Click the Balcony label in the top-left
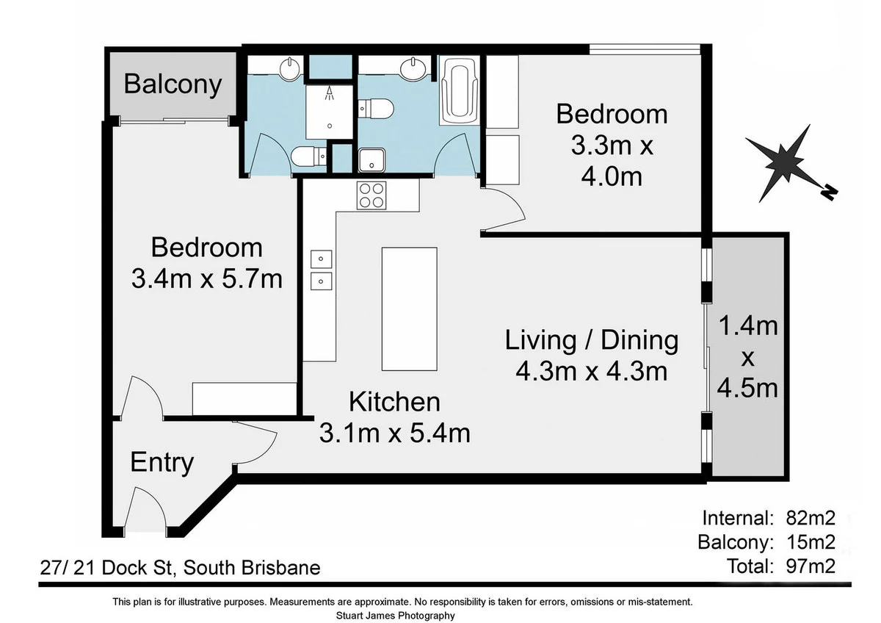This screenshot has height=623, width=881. pyautogui.click(x=173, y=84)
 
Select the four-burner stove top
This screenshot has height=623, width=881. pyautogui.click(x=371, y=195)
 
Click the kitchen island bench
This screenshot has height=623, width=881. pyautogui.click(x=409, y=309)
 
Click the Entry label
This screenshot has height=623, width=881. pyautogui.click(x=162, y=463)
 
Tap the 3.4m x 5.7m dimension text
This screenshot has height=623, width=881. pyautogui.click(x=206, y=279)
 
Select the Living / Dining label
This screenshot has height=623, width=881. pyautogui.click(x=592, y=340)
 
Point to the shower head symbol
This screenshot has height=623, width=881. pyautogui.click(x=330, y=93)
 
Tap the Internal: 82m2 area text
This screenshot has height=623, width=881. pyautogui.click(x=769, y=517)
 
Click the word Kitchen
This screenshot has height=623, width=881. pyautogui.click(x=394, y=402)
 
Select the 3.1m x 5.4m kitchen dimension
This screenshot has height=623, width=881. pyautogui.click(x=394, y=433)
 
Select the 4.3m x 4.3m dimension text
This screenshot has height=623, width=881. pyautogui.click(x=592, y=372)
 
